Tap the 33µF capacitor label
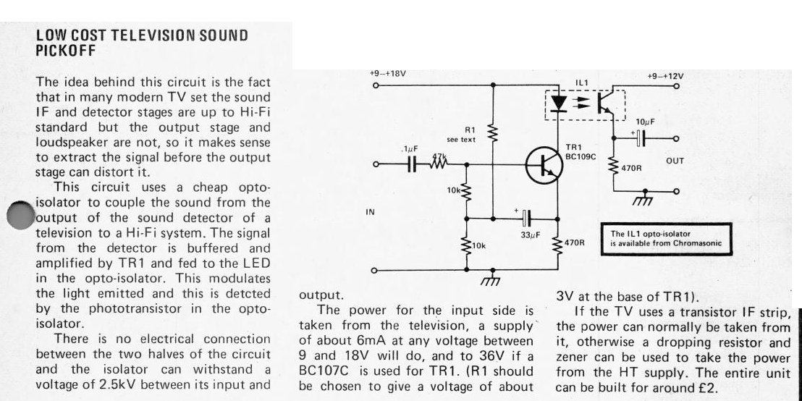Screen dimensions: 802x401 (531, 235)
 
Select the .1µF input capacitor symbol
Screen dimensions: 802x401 (413, 165)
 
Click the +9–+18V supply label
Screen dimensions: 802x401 (388, 74)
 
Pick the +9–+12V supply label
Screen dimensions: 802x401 (665, 76)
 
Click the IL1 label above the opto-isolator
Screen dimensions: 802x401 (582, 83)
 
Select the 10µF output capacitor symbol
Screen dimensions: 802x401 (640, 138)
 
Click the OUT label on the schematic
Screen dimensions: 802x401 (675, 161)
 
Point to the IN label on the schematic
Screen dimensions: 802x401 (371, 212)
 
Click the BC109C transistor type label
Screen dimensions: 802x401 (581, 157)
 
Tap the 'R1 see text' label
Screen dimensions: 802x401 (461, 135)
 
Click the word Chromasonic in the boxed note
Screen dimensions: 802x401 (698, 243)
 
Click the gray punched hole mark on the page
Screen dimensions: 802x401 (21, 215)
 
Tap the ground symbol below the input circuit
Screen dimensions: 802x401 (491, 278)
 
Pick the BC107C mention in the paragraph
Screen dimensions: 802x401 (321, 371)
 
